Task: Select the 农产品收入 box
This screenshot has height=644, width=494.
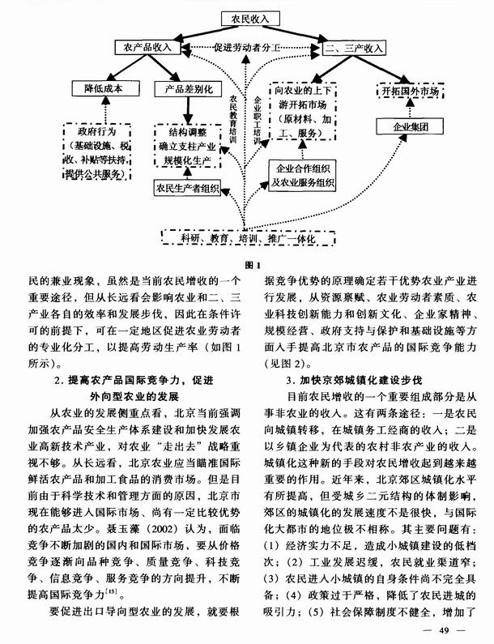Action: click(x=147, y=47)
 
